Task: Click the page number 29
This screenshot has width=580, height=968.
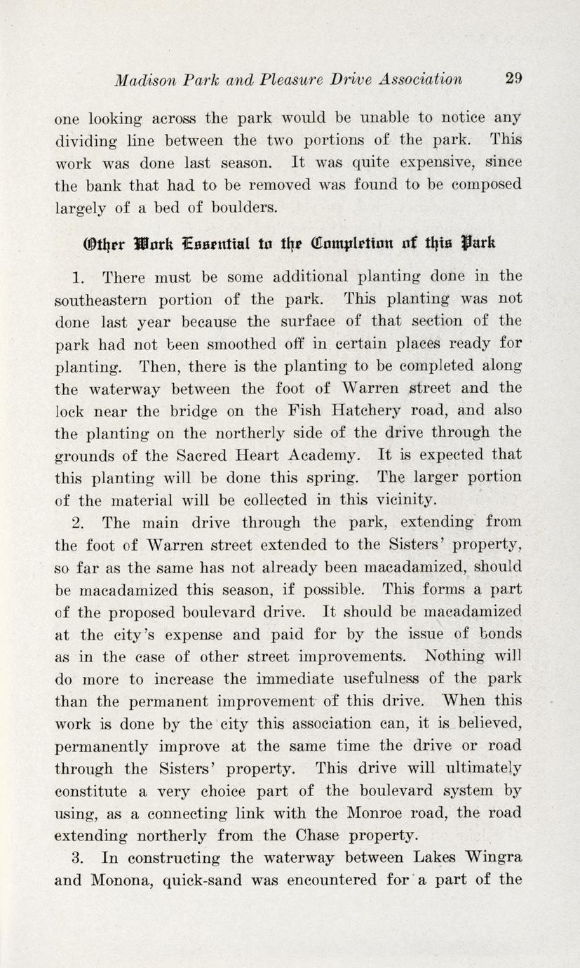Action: coord(514,79)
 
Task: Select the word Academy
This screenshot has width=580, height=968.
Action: coord(325,455)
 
